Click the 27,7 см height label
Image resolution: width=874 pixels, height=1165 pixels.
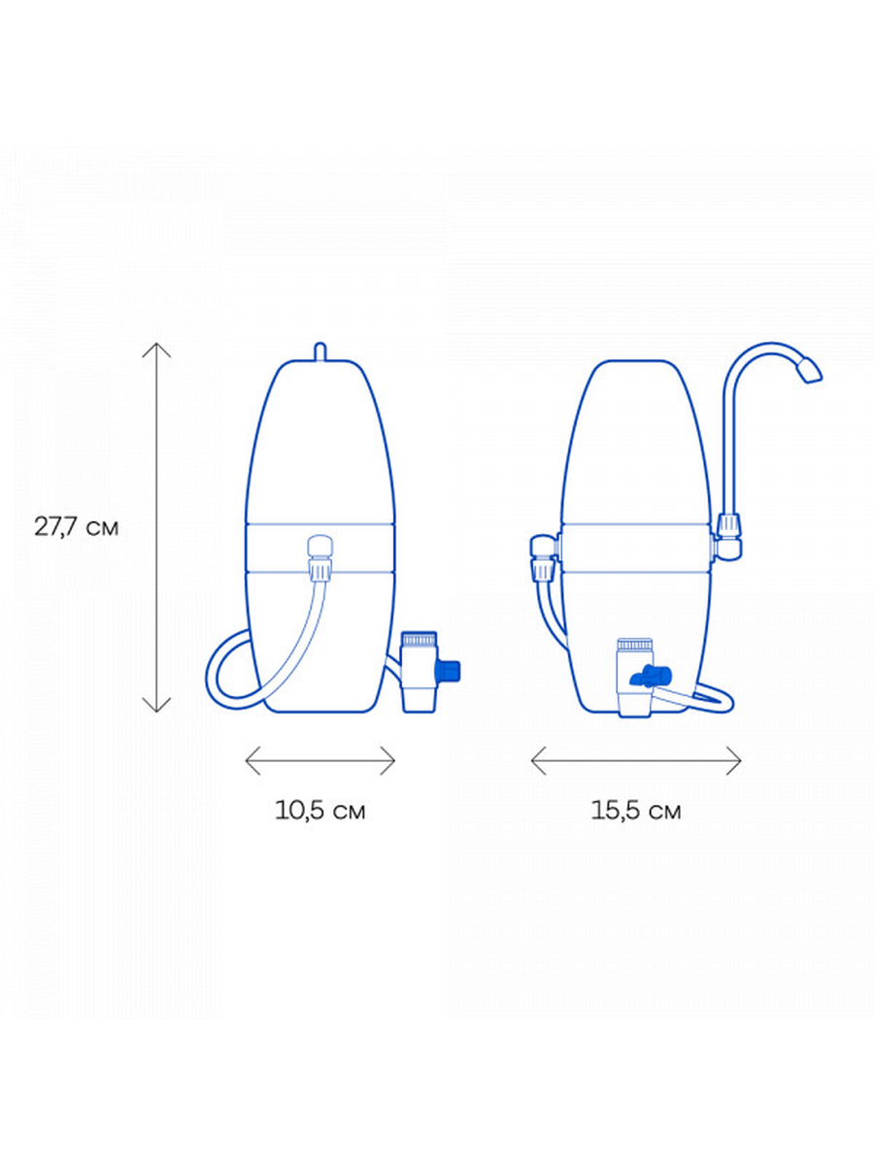click(77, 527)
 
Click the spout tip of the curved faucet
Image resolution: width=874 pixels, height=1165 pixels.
click(811, 371)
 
